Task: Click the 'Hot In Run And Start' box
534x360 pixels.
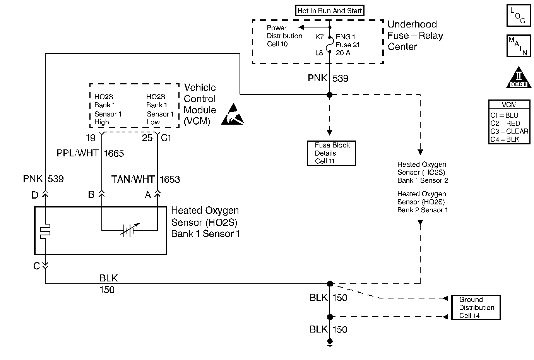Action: click(330, 11)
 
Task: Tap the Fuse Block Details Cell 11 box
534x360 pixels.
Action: click(331, 153)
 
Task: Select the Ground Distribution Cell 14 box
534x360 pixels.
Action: click(476, 308)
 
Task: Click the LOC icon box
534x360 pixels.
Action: click(518, 16)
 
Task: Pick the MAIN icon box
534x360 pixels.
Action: click(518, 46)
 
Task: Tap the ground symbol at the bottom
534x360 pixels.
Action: click(330, 343)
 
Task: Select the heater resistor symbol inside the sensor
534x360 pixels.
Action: click(45, 230)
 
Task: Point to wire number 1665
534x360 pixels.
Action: click(114, 154)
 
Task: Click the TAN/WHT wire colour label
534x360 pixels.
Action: click(133, 180)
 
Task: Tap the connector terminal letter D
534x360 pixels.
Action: click(35, 195)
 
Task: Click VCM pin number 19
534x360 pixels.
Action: click(91, 138)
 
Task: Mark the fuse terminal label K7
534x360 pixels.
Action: click(319, 37)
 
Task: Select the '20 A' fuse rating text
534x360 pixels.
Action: click(343, 53)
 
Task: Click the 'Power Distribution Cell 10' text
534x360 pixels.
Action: click(284, 36)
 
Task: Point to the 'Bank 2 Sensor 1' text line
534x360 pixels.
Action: click(422, 210)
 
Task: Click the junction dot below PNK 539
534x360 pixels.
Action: click(330, 95)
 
